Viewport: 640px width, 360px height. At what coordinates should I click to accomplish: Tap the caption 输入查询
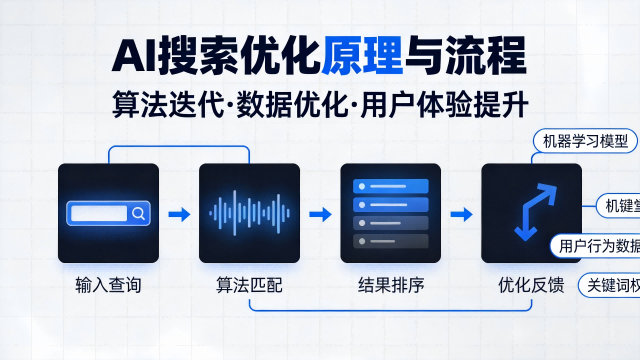pyautogui.click(x=108, y=286)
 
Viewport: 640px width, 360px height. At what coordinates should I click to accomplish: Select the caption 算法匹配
pyautogui.click(x=249, y=286)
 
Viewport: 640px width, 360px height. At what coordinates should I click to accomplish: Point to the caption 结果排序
pyautogui.click(x=391, y=286)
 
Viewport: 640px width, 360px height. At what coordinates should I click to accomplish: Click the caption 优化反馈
pyautogui.click(x=531, y=286)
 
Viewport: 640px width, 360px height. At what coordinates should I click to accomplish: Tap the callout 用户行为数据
pyautogui.click(x=597, y=246)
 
